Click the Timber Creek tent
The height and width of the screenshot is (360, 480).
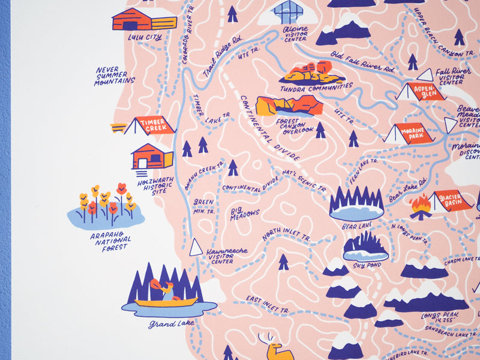point(150,125)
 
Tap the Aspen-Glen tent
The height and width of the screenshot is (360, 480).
point(423,91)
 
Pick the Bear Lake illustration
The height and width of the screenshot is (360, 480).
point(356,204)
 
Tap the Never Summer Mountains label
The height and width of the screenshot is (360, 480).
point(115,76)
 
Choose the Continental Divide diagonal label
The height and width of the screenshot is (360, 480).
point(270,127)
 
